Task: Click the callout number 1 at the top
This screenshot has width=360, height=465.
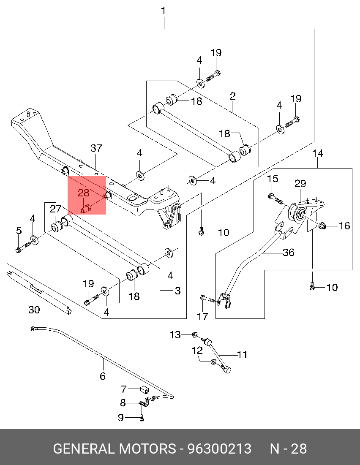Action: tap(164, 11)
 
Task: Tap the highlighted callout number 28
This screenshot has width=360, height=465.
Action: tap(84, 193)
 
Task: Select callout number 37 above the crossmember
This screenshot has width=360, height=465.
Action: tap(96, 148)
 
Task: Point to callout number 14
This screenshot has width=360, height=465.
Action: tap(318, 153)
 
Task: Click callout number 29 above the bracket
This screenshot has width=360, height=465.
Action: tap(300, 184)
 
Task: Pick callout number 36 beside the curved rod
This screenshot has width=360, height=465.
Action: tap(289, 252)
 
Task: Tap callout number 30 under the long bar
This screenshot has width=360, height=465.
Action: tap(34, 310)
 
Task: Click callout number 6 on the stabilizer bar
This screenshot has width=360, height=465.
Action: tap(103, 375)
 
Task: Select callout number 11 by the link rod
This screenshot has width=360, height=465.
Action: tap(242, 355)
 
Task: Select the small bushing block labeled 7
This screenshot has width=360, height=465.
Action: tap(144, 389)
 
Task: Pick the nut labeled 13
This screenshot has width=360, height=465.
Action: tap(194, 334)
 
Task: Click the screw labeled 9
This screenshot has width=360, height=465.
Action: tap(142, 418)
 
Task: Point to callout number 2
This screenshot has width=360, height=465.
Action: tap(233, 97)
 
